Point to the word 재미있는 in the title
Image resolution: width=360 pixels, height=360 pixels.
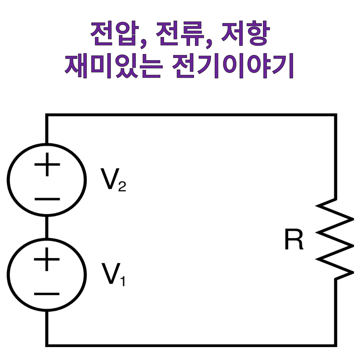click(x=113, y=67)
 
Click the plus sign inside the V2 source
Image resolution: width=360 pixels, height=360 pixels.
click(x=47, y=164)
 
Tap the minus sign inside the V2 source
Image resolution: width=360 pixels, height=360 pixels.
click(x=47, y=199)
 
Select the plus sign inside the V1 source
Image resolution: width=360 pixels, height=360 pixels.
click(x=47, y=259)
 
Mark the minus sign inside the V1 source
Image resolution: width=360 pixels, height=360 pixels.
click(x=47, y=294)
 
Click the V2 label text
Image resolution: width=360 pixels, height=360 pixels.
click(x=113, y=180)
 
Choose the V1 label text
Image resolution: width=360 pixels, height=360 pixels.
click(x=113, y=275)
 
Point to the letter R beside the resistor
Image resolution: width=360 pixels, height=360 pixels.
click(x=294, y=239)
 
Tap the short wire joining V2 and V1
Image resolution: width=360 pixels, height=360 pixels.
click(x=47, y=227)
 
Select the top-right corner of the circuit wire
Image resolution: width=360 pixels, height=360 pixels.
click(x=335, y=115)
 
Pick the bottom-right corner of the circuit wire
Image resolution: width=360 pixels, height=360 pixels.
click(x=335, y=345)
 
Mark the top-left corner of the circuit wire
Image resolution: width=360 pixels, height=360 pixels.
click(x=47, y=115)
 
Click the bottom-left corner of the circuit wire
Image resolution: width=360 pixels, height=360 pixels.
click(x=47, y=345)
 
